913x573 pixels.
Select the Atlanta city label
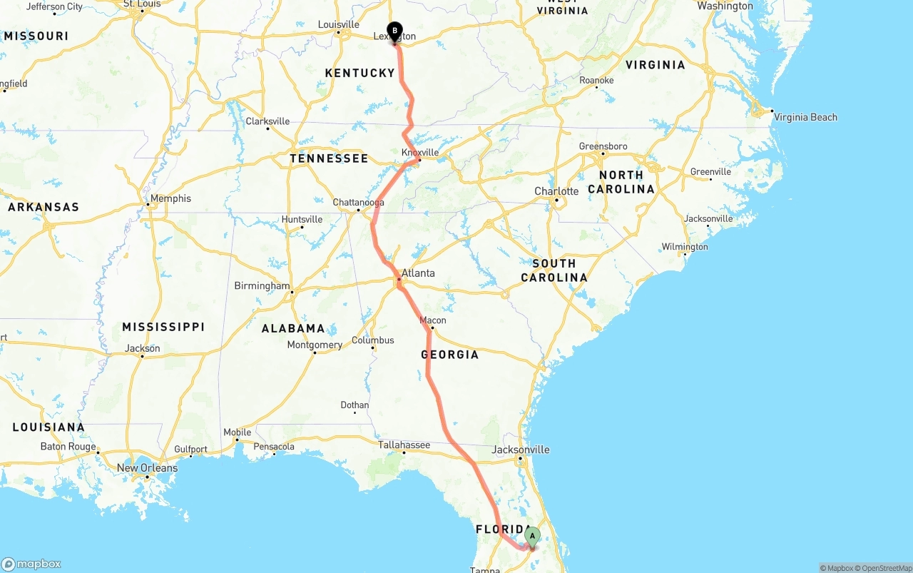(418, 273)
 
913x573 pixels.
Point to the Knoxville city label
(420, 153)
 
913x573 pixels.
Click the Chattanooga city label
(358, 203)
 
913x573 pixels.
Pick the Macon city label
(433, 320)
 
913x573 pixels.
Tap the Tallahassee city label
(404, 445)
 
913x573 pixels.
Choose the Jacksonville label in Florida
(521, 450)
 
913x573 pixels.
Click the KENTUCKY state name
(359, 73)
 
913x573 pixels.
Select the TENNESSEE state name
(329, 158)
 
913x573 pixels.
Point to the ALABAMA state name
(293, 328)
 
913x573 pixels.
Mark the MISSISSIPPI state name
(163, 327)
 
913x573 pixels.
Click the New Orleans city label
(147, 468)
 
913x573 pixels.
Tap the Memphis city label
(170, 198)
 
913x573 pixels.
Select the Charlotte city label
(556, 191)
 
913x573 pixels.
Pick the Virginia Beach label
(805, 117)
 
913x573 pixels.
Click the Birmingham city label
(262, 286)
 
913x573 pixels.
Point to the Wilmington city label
(685, 247)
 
